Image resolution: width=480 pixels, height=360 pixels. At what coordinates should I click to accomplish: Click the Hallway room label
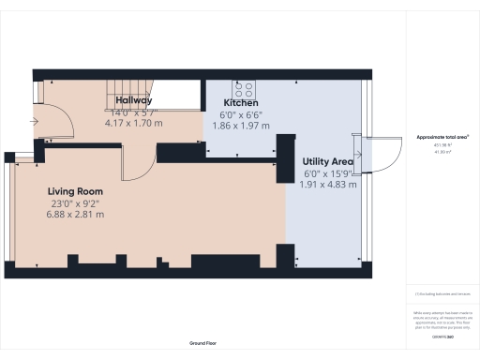[x=135, y=99]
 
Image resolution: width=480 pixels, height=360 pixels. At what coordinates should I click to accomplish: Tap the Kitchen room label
[x=241, y=103]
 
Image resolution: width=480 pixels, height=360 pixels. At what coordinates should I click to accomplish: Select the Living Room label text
[x=76, y=190]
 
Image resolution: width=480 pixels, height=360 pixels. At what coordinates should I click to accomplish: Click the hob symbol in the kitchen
[x=245, y=89]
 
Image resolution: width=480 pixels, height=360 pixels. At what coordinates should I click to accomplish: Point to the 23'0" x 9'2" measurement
[x=75, y=202]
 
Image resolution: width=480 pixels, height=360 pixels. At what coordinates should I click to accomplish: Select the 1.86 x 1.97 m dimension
[x=241, y=126]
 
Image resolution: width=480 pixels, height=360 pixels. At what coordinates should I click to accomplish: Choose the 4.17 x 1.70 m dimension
[x=134, y=122]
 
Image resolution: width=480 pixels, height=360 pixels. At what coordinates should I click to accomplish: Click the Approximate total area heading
[x=442, y=137]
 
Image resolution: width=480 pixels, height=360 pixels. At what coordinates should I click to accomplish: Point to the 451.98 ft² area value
[x=442, y=144]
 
